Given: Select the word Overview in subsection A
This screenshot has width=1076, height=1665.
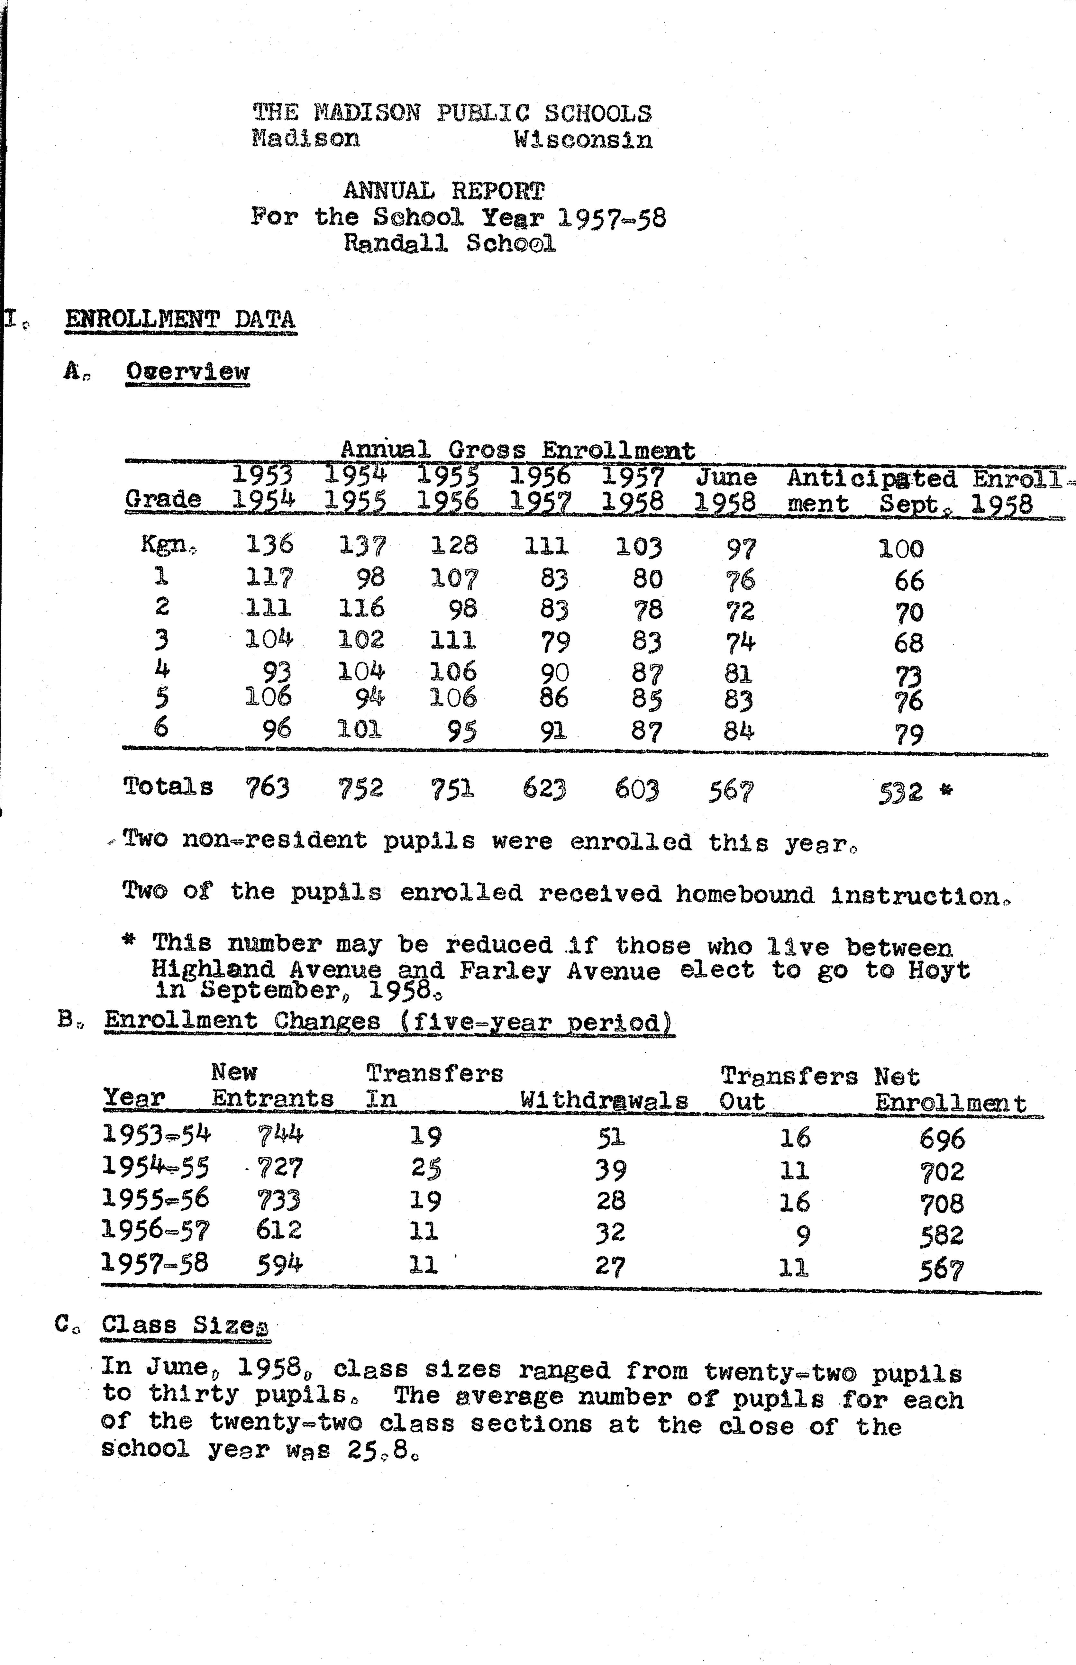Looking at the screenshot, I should tap(187, 371).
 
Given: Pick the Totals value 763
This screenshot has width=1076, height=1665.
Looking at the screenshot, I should tap(268, 787).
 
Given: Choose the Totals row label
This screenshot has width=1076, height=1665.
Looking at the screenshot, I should tap(168, 787).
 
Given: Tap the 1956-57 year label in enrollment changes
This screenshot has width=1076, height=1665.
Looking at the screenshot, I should tap(155, 1229).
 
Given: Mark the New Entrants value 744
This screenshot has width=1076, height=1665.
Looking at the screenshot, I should tap(279, 1135).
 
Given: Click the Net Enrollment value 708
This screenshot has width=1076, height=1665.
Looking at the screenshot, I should tap(942, 1203).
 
